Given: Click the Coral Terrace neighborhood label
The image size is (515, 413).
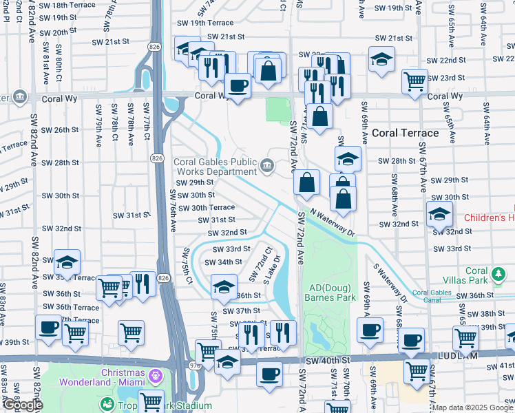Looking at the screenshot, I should [405, 133].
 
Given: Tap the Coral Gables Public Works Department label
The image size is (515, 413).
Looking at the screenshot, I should [215, 167].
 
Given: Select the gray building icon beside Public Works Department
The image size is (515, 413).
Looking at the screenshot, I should [267, 165].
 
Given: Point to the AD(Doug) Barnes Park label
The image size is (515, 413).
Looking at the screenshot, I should [331, 293].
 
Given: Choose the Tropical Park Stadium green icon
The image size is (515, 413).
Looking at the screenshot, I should [107, 404].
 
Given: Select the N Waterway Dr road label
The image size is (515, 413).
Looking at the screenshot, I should [332, 222].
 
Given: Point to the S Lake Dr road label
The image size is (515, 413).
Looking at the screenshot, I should [273, 271].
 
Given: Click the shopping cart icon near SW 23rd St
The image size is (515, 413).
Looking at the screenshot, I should [414, 81].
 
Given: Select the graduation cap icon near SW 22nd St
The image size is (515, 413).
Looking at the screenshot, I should [381, 59].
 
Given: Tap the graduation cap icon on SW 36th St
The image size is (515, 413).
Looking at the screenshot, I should [224, 287].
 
